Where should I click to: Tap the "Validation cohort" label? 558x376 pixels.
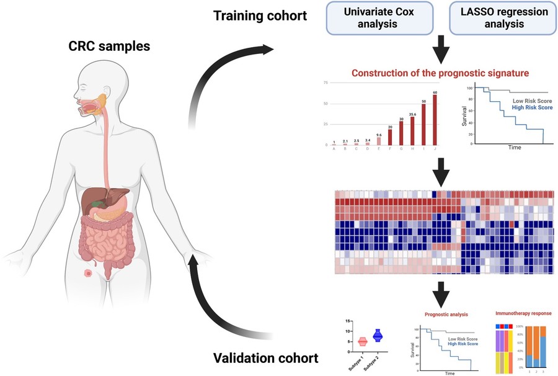[266, 359]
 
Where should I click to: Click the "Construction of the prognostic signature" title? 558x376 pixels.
[440, 73]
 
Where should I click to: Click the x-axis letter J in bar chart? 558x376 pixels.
[435, 149]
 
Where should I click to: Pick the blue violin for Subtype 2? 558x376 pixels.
[376, 336]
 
